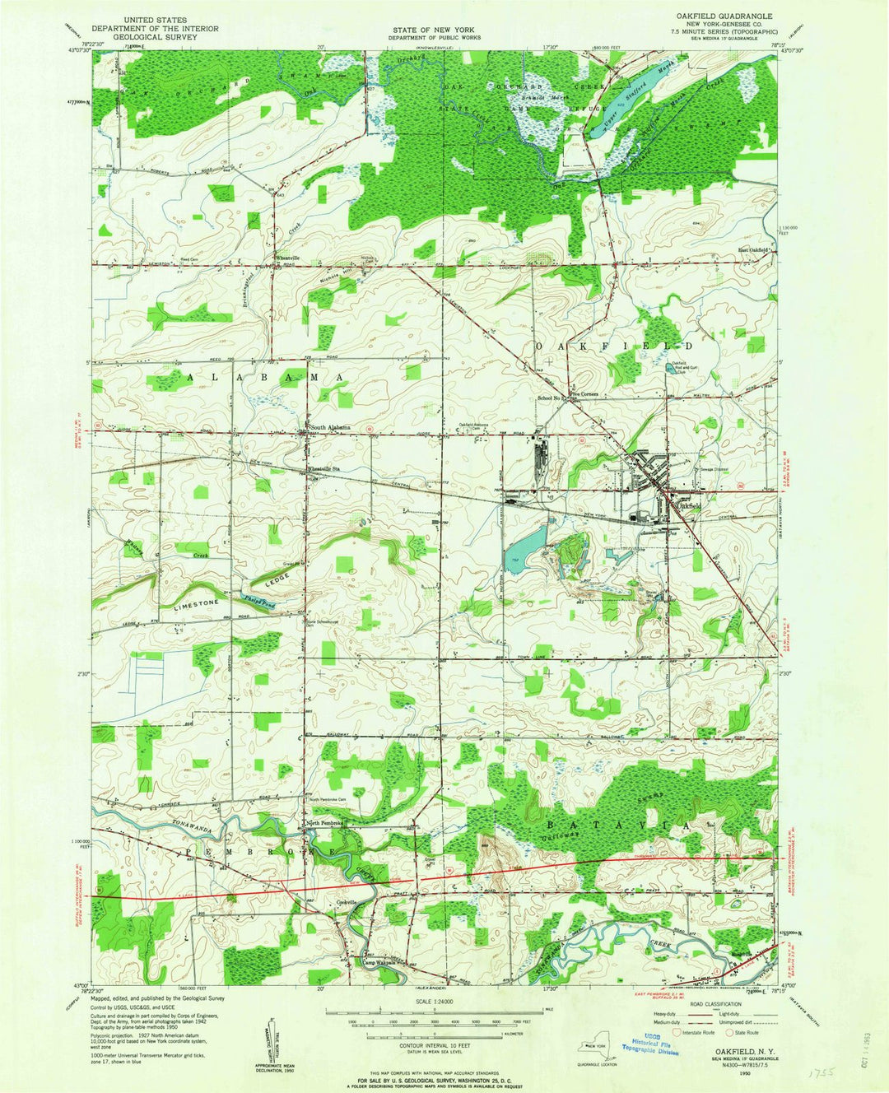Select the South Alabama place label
(331, 427)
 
